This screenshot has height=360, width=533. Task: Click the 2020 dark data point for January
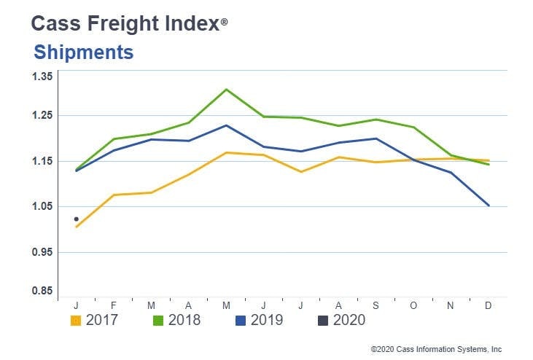click(77, 219)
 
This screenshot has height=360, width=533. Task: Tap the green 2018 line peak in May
click(227, 90)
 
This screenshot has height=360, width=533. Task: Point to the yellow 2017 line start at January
click(77, 227)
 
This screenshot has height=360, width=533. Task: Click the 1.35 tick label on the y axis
click(43, 77)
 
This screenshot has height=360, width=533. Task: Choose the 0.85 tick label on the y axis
click(43, 291)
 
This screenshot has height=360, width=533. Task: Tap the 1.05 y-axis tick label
click(43, 207)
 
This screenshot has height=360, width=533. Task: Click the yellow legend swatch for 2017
click(76, 320)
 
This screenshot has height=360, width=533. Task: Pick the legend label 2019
click(266, 320)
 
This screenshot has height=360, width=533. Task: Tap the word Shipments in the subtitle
click(84, 52)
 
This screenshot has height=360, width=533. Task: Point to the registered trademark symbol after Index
click(224, 23)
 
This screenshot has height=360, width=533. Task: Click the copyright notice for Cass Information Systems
click(436, 349)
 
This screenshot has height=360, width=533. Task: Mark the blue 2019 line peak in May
click(227, 125)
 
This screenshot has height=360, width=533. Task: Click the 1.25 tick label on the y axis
click(43, 116)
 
